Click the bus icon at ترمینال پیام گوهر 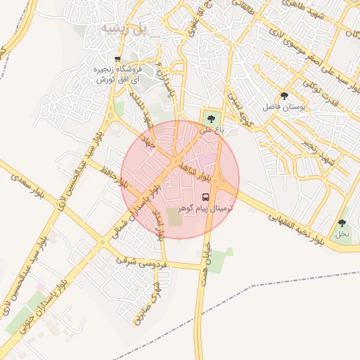(x=206, y=197)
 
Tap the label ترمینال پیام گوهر (x=206, y=209)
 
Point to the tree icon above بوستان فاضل (x=284, y=96)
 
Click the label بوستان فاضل (x=286, y=107)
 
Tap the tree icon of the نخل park (x=342, y=222)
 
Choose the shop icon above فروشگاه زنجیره (x=117, y=59)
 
